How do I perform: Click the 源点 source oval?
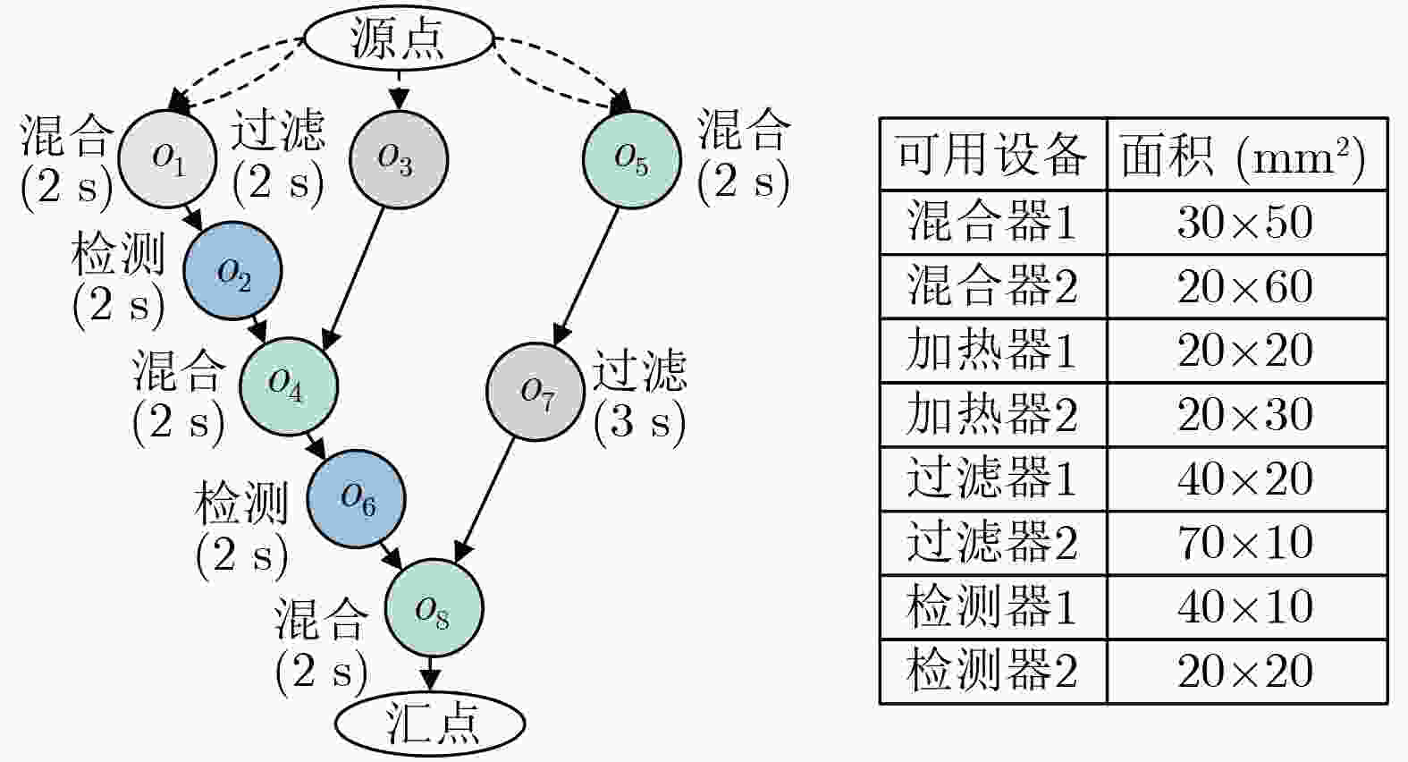pos(399,39)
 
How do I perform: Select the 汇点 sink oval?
pos(430,722)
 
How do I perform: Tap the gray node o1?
pos(167,158)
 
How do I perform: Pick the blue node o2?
pos(233,271)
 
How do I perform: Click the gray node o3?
pos(398,159)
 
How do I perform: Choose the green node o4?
pos(288,385)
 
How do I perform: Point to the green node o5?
pos(631,159)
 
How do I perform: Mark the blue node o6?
pos(356,499)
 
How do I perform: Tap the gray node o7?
pos(535,392)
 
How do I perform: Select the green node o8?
pos(434,608)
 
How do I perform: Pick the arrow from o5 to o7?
pos(586,276)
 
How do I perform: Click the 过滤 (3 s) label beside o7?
pos(639,394)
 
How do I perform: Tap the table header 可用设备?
pos(991,155)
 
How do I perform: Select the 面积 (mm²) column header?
pos(1245,155)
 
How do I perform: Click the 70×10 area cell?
pos(1245,543)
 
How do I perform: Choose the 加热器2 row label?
pos(991,414)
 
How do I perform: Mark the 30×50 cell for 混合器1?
pos(1245,222)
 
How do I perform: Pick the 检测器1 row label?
pos(991,607)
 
